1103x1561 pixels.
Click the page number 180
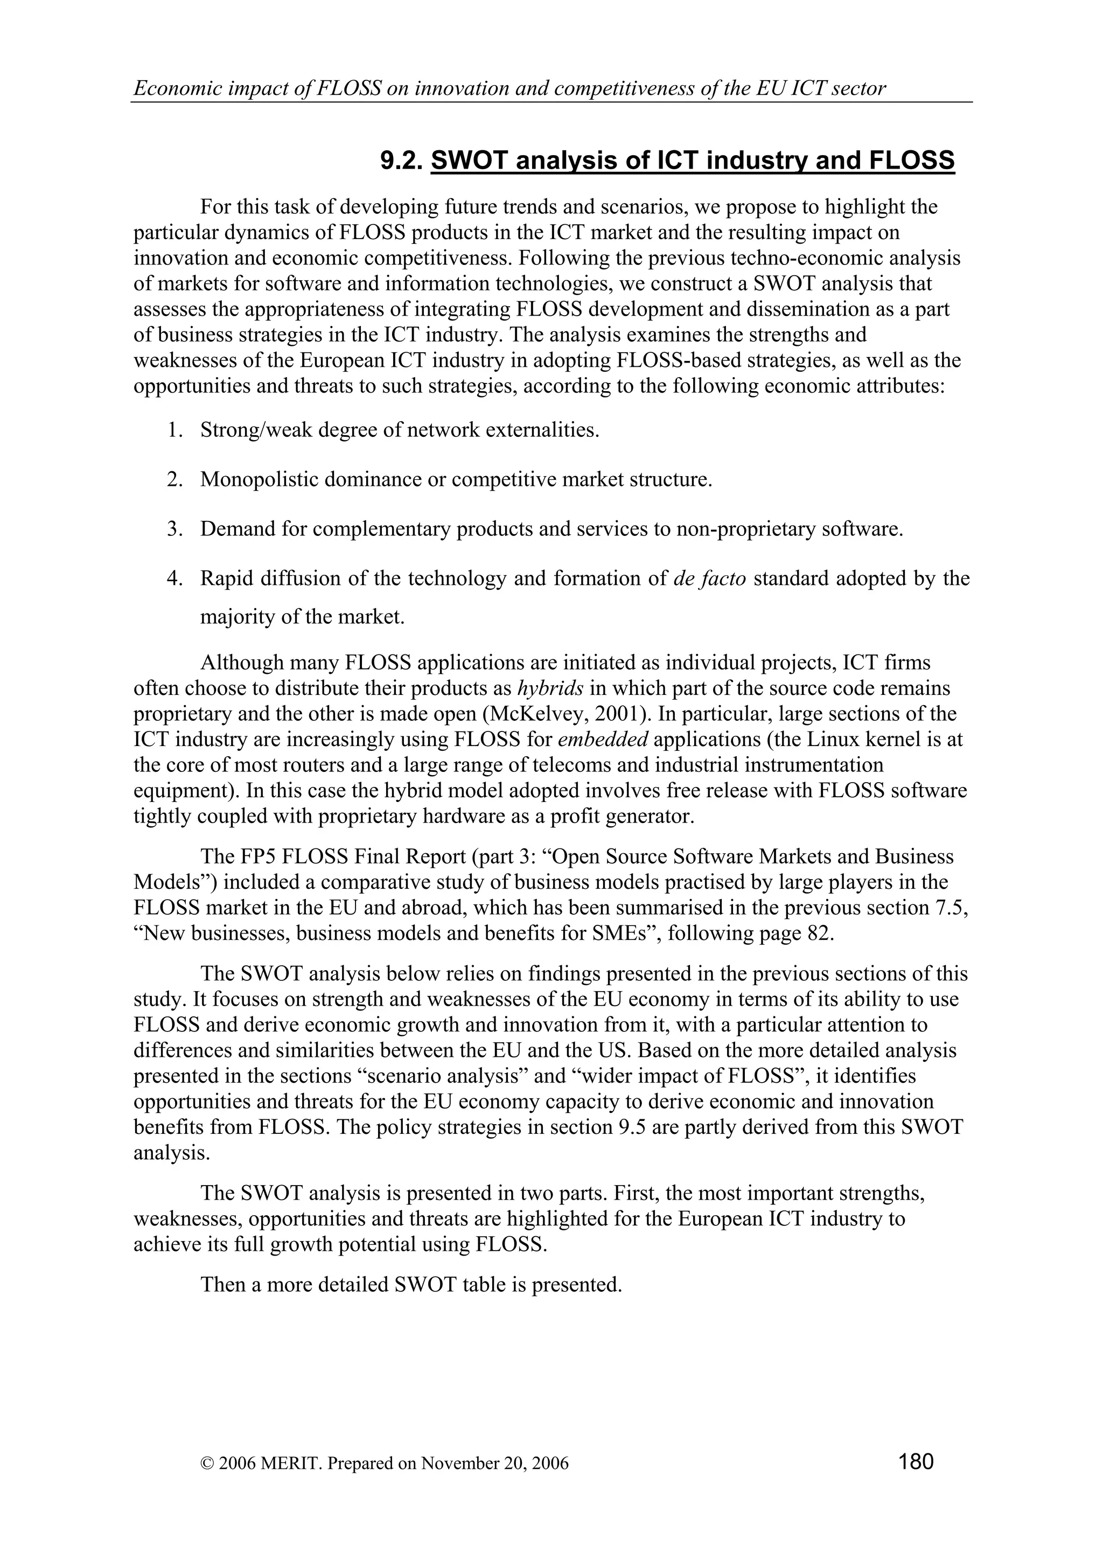click(916, 1460)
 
